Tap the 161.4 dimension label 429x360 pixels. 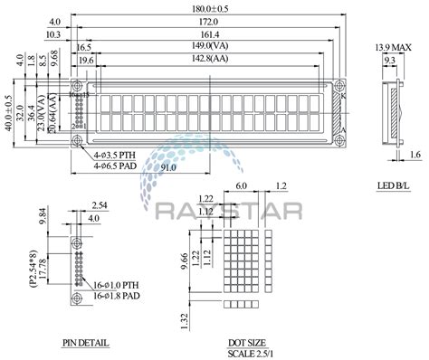pyautogui.click(x=208, y=33)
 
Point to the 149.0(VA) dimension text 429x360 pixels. pyautogui.click(x=208, y=45)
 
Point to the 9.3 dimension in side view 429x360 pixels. pyautogui.click(x=388, y=60)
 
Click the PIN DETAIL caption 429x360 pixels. pyautogui.click(x=87, y=344)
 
